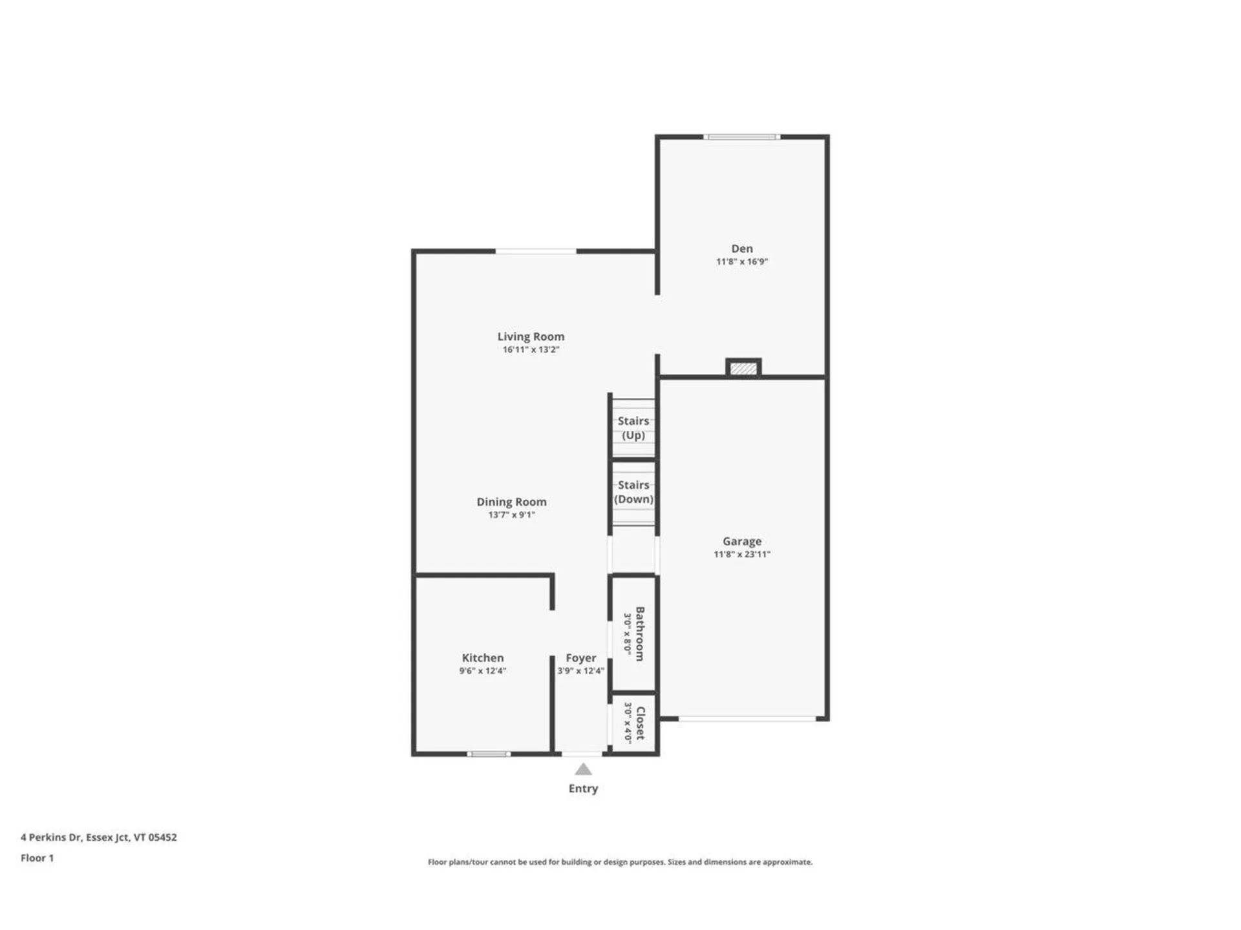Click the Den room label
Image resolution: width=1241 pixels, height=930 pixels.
[741, 249]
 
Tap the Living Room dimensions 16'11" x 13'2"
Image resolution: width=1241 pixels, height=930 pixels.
[531, 349]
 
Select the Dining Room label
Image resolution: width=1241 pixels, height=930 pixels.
[511, 502]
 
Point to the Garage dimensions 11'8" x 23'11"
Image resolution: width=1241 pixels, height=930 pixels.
[741, 554]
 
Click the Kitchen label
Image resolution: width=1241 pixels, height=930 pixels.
[482, 657]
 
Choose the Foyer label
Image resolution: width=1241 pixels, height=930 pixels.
[580, 657]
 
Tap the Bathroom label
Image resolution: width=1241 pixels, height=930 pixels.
[640, 634]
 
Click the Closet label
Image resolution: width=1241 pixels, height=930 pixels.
[640, 723]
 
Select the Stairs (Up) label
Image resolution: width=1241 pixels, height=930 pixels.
[633, 428]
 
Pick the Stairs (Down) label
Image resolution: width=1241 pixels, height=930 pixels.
[633, 491]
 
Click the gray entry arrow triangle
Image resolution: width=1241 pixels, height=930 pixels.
[583, 769]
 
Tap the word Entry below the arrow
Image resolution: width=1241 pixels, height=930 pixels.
[583, 789]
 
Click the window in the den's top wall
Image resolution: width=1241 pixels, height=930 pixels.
[741, 137]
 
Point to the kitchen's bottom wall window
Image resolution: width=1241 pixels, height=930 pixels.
[489, 754]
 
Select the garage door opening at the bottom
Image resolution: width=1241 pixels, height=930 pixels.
[747, 718]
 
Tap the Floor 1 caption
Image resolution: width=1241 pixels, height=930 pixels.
[37, 858]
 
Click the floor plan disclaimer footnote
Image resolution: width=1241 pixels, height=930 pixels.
[620, 862]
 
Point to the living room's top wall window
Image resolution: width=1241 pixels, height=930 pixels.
[535, 251]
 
